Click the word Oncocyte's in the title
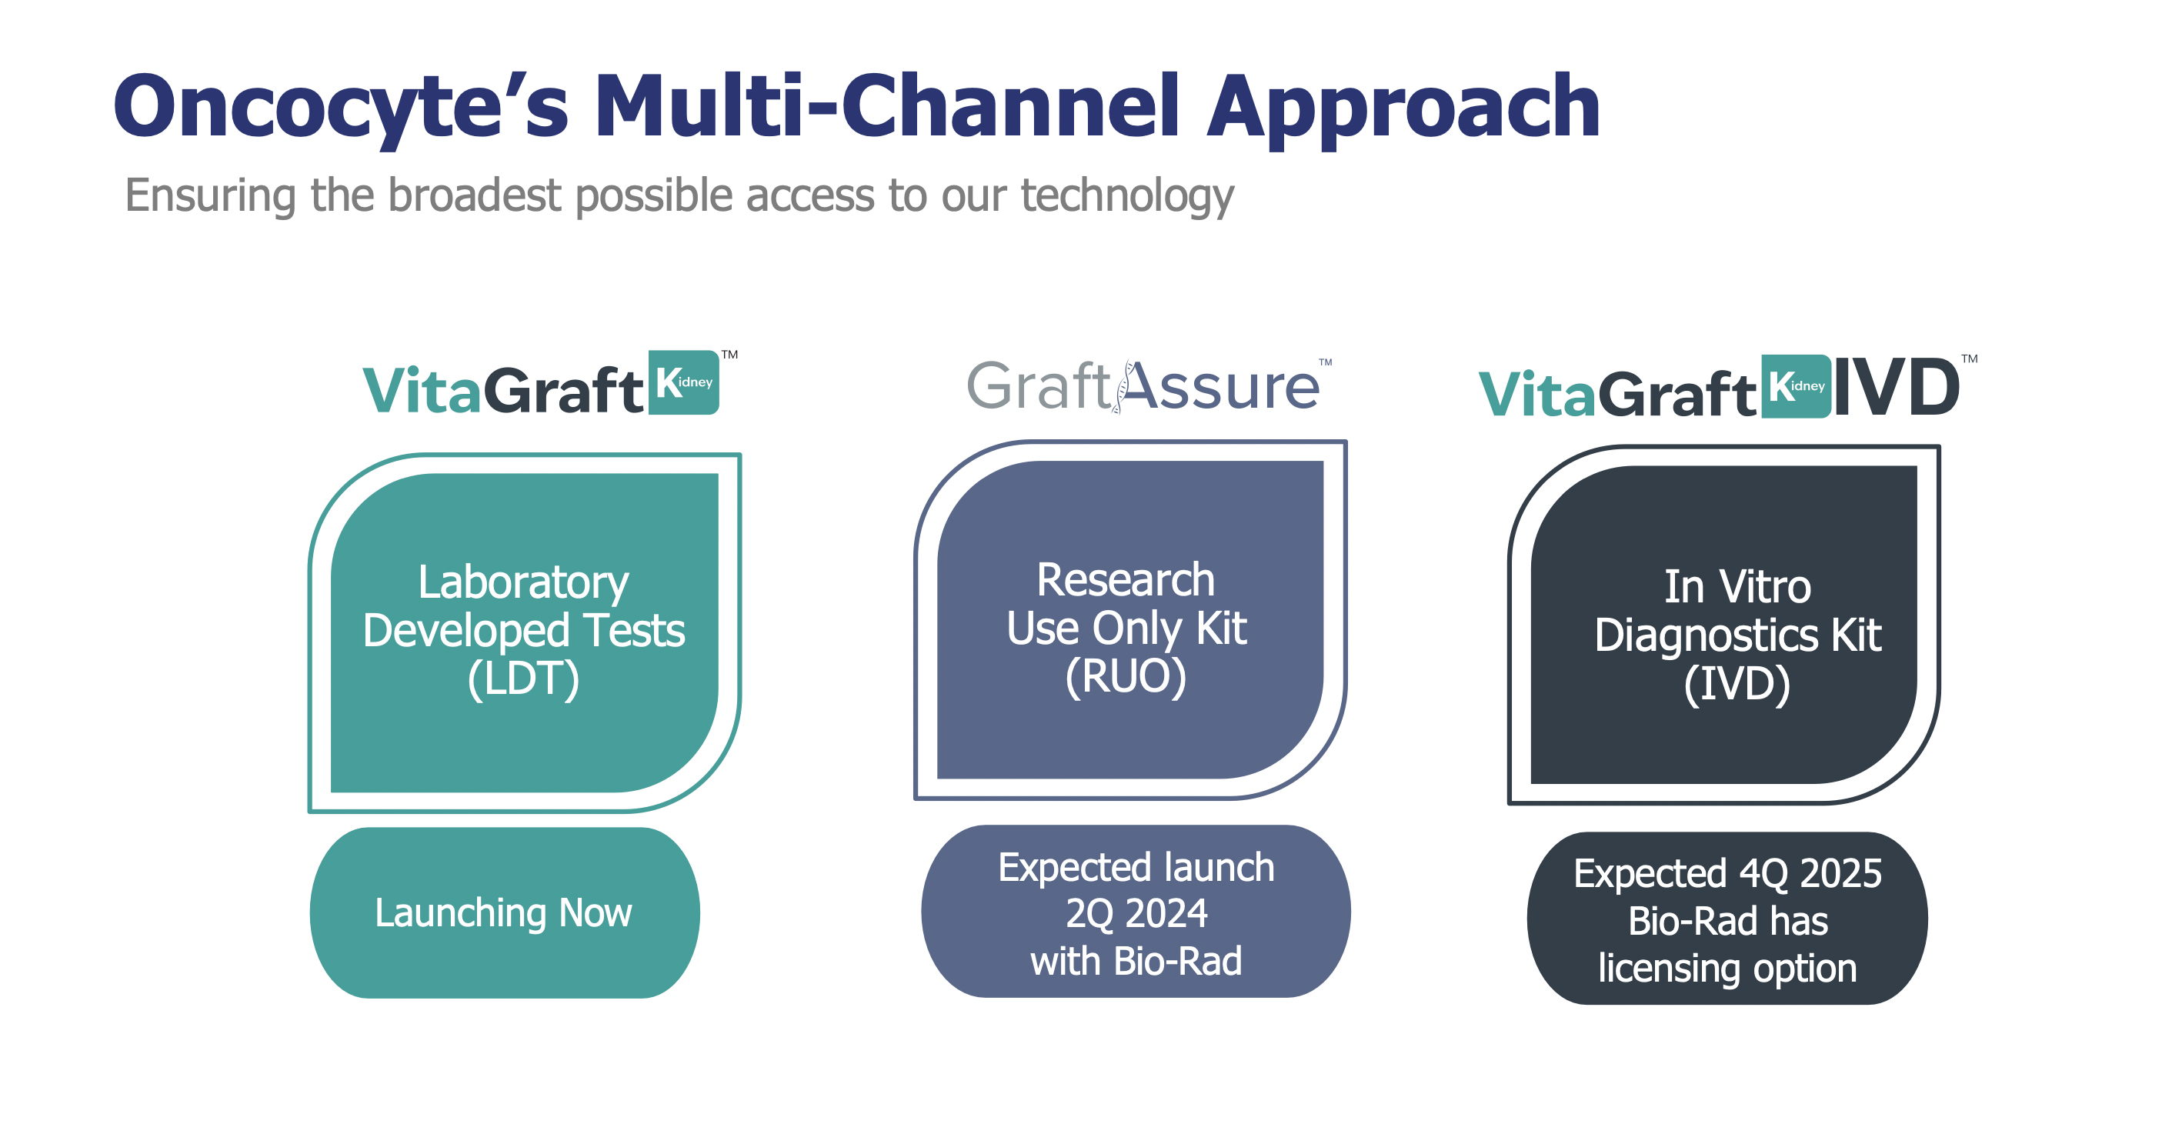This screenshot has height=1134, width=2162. click(340, 108)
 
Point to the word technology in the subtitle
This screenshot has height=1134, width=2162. click(1126, 195)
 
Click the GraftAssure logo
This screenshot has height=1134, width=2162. click(1143, 387)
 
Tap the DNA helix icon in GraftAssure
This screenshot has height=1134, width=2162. click(1122, 388)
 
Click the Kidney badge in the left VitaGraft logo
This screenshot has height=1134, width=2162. click(684, 383)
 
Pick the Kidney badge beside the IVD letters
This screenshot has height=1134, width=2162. click(1795, 386)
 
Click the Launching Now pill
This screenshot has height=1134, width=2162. click(504, 912)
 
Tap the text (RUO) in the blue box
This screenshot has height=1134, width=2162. click(1126, 675)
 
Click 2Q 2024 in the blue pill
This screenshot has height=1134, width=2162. click(1136, 913)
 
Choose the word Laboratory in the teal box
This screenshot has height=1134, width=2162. click(523, 582)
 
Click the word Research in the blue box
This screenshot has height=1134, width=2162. click(1126, 579)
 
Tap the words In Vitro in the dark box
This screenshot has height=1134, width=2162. click(1737, 586)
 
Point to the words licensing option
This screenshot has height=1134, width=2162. click(1727, 968)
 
